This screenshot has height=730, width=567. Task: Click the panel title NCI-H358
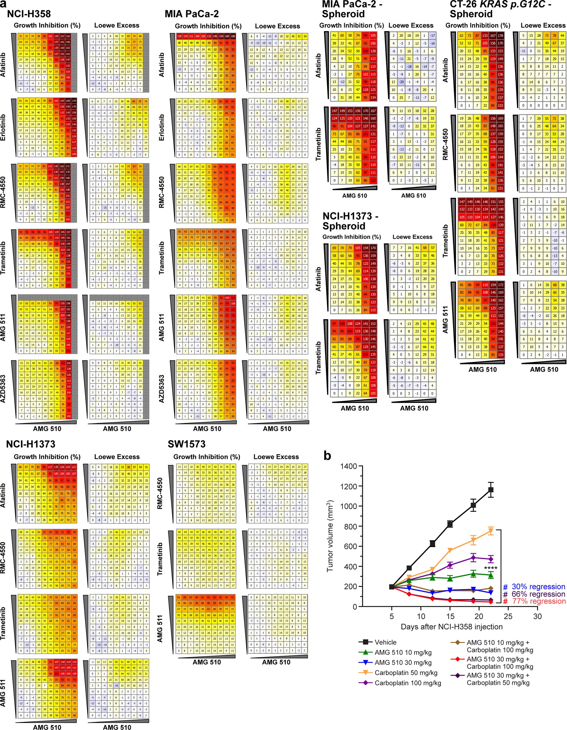29,14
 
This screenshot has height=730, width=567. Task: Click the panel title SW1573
186,444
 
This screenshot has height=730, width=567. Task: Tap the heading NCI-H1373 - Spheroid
350,221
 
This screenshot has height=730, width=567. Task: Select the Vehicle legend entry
385,642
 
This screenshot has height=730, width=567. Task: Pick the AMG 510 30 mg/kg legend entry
403,663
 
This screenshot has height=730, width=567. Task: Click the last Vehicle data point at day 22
491,490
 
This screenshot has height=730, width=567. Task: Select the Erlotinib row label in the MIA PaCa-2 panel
162,127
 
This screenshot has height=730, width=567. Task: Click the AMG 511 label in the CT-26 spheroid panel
445,320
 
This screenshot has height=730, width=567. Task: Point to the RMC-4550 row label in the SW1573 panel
160,493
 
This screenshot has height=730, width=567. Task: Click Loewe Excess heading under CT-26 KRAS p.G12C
543,25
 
